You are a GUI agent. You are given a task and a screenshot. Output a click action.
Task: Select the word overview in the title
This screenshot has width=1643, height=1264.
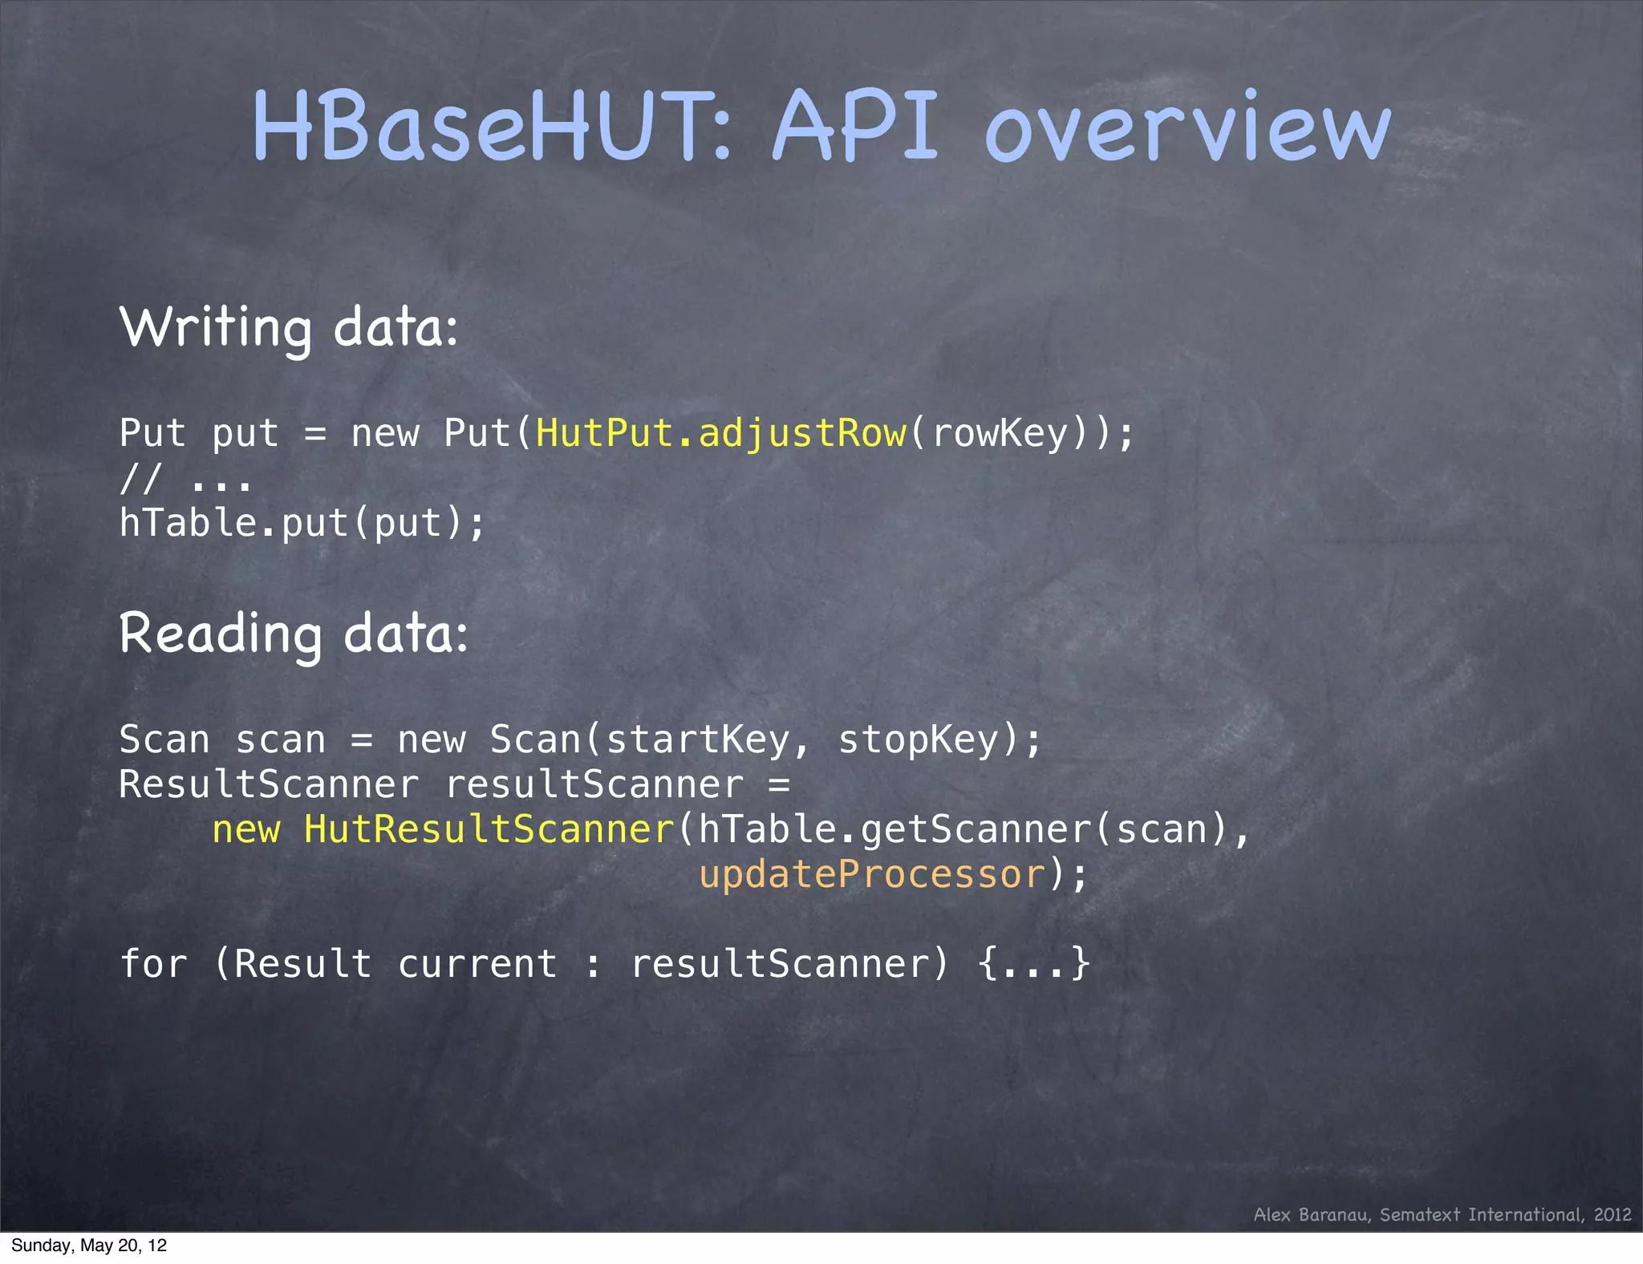tap(1187, 128)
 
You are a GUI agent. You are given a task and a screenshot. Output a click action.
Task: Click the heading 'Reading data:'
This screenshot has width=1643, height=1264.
tap(294, 634)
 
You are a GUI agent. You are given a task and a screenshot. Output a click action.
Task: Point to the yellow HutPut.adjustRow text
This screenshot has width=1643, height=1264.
tap(720, 433)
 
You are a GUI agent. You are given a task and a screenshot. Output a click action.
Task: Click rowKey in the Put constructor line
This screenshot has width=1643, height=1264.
tap(1001, 433)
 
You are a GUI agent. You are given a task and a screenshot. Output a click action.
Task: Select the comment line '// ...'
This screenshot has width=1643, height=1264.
tap(185, 479)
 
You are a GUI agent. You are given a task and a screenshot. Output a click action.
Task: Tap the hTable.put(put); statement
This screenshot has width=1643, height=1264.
tap(302, 523)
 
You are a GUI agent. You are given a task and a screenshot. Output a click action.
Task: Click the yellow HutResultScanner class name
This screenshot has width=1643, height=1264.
tap(489, 828)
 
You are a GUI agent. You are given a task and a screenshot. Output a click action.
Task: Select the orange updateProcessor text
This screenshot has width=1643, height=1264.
tap(873, 873)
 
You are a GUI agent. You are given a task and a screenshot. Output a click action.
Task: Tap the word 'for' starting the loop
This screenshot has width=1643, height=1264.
tap(152, 963)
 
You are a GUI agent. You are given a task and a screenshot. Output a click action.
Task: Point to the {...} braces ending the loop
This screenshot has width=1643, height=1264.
tap(1035, 963)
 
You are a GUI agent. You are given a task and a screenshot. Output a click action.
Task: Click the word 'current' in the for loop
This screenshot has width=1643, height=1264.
tap(477, 963)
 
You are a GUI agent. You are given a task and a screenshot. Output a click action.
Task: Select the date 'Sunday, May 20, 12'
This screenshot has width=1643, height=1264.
tap(89, 1246)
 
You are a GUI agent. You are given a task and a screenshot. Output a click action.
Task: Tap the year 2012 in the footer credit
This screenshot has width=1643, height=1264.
tap(1613, 1214)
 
